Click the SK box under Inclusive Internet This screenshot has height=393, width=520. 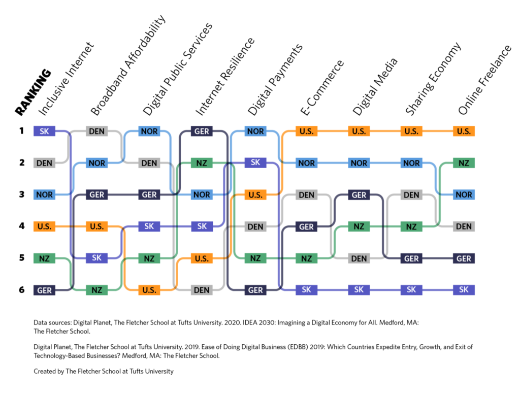click(x=44, y=132)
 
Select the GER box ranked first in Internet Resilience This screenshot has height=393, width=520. click(x=202, y=132)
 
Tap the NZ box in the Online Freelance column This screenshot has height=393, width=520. click(x=464, y=163)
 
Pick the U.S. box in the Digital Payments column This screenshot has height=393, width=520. click(x=255, y=195)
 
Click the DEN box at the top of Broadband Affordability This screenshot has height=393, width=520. click(x=96, y=132)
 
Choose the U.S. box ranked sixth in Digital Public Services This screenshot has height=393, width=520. click(x=149, y=290)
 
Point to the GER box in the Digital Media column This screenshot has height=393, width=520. click(x=359, y=195)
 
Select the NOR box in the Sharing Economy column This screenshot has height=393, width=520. click(x=411, y=163)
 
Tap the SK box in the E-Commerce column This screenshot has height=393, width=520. click(x=306, y=290)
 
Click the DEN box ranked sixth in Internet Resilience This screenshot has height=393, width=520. click(x=202, y=290)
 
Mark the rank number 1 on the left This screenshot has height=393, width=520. click(x=22, y=131)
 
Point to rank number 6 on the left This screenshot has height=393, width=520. click(x=22, y=289)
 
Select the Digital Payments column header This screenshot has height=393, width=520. click(x=275, y=79)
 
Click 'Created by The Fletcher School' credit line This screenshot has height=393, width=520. click(x=104, y=371)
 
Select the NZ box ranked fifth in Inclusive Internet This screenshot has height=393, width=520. click(x=44, y=258)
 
